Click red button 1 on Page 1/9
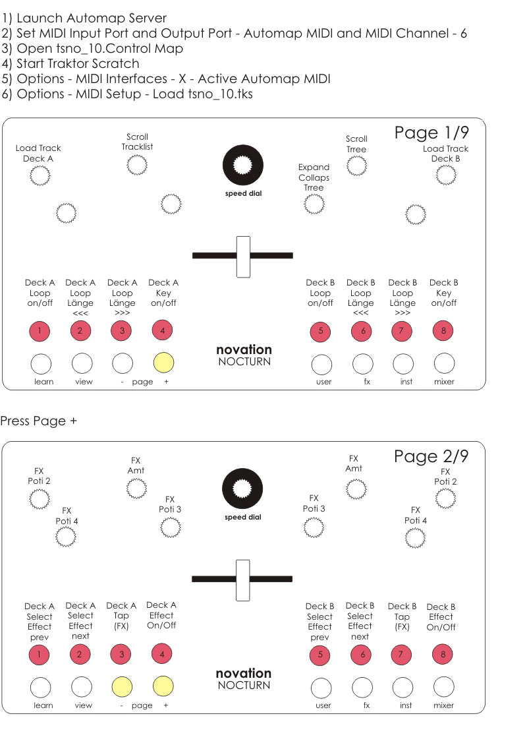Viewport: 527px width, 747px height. pos(40,331)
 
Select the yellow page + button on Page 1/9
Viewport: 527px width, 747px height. pos(163,362)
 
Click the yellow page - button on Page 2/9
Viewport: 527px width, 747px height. pos(123,686)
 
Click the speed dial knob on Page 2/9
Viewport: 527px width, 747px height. pos(243,489)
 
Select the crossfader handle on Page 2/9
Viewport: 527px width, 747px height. pos(243,580)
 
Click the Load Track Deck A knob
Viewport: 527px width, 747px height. pos(40,175)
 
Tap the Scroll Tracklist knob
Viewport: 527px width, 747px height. pos(137,165)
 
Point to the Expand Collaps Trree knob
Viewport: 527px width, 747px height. pos(314,204)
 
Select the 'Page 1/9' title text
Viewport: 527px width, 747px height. pos(431,133)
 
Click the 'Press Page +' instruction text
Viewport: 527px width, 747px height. pos(38,421)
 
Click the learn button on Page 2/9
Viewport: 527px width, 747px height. pos(41,686)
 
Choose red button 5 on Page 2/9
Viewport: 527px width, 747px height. pos(320,655)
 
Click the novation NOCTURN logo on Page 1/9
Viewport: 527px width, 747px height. pos(244,355)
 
